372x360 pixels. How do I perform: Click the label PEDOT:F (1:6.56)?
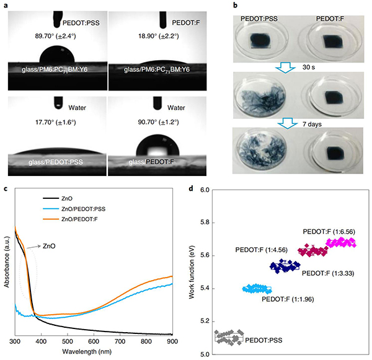point(329,231)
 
